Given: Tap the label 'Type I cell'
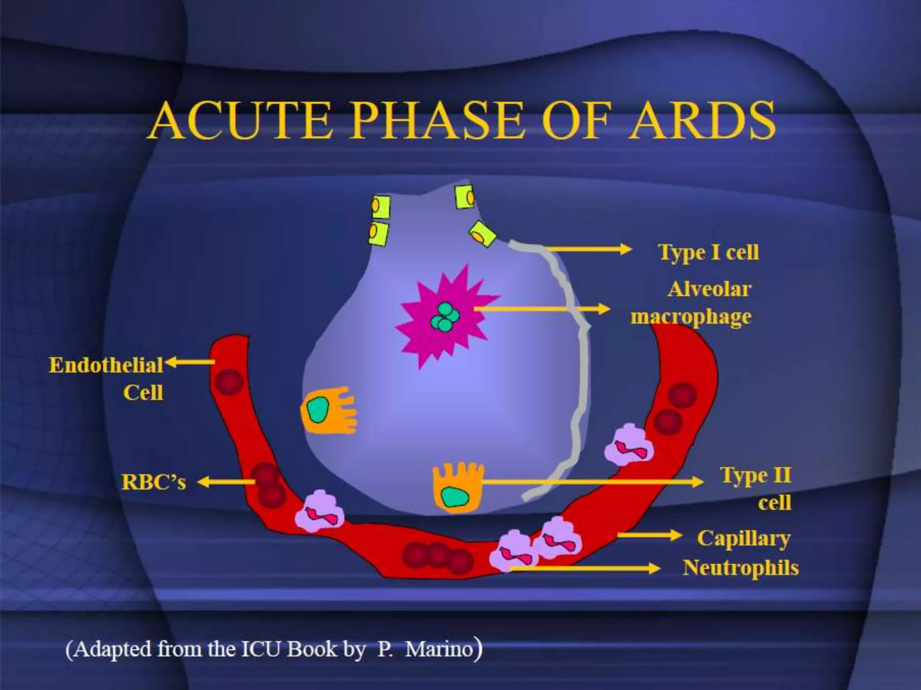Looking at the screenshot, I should (708, 252).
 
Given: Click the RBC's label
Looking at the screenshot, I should (153, 482).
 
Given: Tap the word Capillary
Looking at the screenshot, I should (743, 538).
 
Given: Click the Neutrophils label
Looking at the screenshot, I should (740, 568).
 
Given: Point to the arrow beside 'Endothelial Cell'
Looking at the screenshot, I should (190, 362).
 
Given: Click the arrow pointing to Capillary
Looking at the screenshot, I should (650, 535).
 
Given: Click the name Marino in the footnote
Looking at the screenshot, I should (439, 649).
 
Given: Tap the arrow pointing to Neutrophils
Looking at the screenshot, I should (585, 569).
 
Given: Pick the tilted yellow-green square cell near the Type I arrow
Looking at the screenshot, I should (482, 234).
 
